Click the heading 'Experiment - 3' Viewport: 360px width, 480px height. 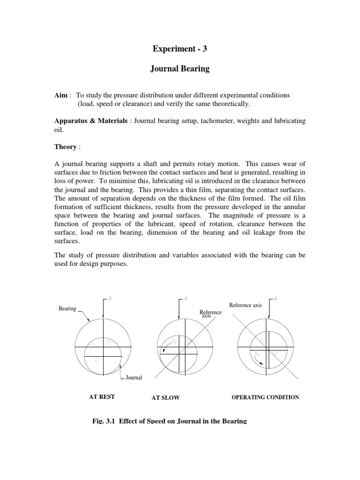(x=180, y=48)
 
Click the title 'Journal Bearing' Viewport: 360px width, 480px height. (x=180, y=69)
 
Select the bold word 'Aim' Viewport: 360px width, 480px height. (x=62, y=95)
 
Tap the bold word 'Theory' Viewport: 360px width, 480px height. (x=65, y=147)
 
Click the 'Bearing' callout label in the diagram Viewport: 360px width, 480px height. (x=67, y=308)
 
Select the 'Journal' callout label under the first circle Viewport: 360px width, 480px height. (x=133, y=377)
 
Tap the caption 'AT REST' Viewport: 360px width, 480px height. (x=102, y=397)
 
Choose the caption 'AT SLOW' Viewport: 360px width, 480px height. (x=165, y=398)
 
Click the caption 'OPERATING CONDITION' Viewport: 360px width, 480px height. (x=265, y=397)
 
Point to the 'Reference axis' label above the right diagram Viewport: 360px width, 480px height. (x=245, y=306)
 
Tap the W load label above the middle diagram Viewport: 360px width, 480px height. (x=186, y=299)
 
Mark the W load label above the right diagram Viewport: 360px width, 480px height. (x=275, y=299)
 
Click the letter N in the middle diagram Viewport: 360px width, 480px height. (x=174, y=341)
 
